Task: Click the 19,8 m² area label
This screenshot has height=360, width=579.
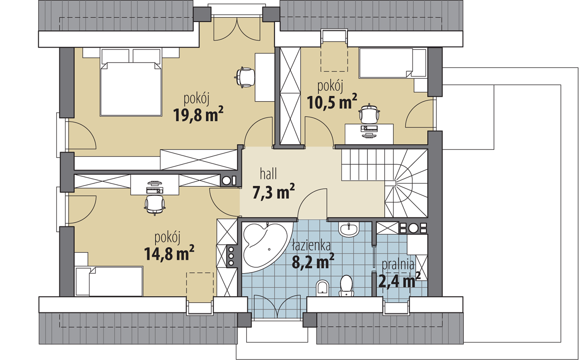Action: [x=198, y=114]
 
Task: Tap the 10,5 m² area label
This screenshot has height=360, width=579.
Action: [x=332, y=101]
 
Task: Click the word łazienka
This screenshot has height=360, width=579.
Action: [x=311, y=246]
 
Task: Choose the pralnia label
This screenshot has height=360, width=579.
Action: [x=398, y=265]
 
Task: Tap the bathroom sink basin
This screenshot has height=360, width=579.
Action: [x=348, y=229]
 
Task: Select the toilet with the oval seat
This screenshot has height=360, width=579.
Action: [x=346, y=286]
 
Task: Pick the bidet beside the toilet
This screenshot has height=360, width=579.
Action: [x=322, y=288]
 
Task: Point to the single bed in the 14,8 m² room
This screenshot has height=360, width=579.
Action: [x=109, y=281]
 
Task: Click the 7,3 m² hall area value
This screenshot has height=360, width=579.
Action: [x=273, y=192]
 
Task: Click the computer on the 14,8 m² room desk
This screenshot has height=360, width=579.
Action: [x=154, y=187]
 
